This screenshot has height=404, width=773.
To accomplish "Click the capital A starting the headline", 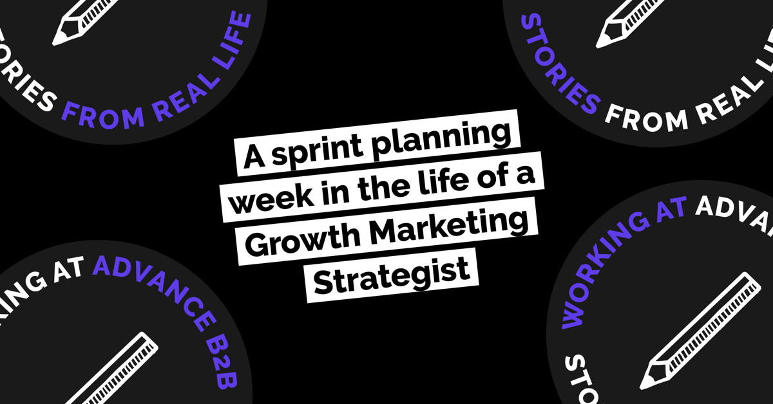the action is click(x=254, y=157).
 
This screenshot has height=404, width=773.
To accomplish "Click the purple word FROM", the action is click(x=104, y=116).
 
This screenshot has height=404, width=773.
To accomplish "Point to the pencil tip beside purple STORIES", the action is click(x=598, y=46).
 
